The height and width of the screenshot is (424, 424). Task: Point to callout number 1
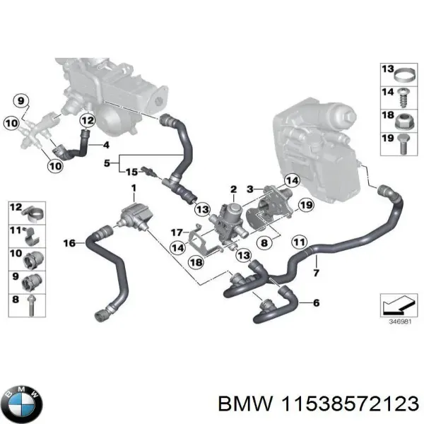[x=132, y=187]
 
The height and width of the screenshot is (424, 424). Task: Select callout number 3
[x=249, y=189]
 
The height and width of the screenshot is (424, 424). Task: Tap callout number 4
[x=106, y=146]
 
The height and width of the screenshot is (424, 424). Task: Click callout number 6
[x=315, y=303]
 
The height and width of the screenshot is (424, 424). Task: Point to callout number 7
[x=316, y=273]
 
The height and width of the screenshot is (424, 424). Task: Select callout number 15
[x=131, y=172]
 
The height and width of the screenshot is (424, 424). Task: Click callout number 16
[x=69, y=243]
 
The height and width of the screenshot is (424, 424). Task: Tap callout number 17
[x=176, y=231]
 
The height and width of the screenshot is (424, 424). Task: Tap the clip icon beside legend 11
[x=34, y=233]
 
